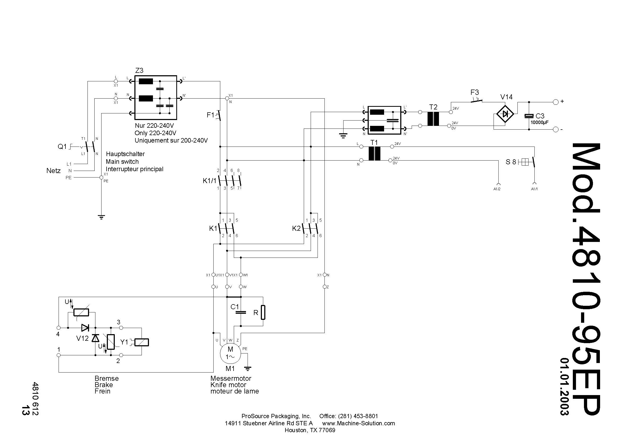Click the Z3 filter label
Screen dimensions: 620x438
tap(139, 70)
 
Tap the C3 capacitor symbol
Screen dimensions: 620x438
tap(529, 116)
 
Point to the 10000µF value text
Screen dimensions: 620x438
tap(539, 122)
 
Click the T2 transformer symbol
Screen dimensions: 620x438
tap(433, 119)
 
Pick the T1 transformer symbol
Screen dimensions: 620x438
tap(374, 154)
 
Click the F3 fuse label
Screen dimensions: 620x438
tap(474, 92)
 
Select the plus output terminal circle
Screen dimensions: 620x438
tap(556, 102)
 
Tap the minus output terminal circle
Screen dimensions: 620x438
tap(556, 130)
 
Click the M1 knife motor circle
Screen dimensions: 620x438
tap(230, 353)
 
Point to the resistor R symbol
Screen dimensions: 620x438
tap(263, 312)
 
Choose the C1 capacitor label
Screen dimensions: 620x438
tap(235, 307)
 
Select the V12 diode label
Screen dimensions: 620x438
tap(82, 338)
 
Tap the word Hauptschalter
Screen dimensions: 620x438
tap(125, 154)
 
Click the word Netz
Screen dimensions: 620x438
tap(54, 171)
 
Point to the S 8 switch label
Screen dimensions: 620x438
tap(511, 162)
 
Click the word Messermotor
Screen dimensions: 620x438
tap(231, 378)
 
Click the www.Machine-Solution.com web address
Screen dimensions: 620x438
tap(358, 423)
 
